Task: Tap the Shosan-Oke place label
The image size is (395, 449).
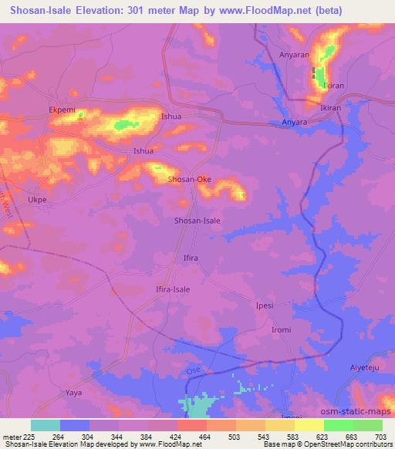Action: pyautogui.click(x=190, y=180)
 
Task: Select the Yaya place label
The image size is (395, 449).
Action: pyautogui.click(x=74, y=393)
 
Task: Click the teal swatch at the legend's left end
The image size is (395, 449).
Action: pyautogui.click(x=46, y=425)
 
